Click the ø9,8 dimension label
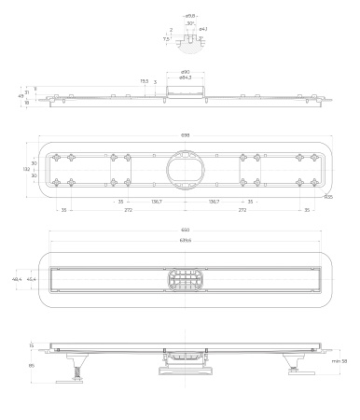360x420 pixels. (x=189, y=16)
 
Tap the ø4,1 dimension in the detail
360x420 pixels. (x=202, y=30)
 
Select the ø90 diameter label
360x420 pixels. (x=185, y=72)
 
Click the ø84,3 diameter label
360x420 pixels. (x=185, y=78)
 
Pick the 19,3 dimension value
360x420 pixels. (x=145, y=81)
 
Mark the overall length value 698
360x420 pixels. (x=185, y=135)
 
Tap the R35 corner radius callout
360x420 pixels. (x=327, y=198)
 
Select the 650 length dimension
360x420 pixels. (x=185, y=231)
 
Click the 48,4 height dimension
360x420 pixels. (x=17, y=279)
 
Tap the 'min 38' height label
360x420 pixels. (x=338, y=360)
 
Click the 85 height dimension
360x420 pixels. (x=30, y=365)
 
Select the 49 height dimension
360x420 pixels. (x=21, y=95)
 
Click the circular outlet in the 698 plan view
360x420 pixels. (x=184, y=169)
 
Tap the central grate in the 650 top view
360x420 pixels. (x=184, y=279)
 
